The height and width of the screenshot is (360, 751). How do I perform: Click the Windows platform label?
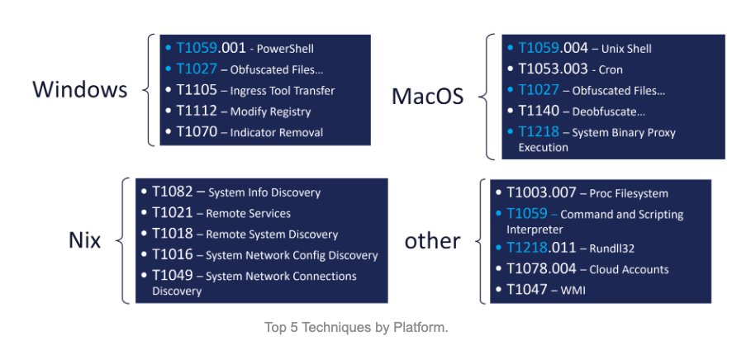tap(80, 89)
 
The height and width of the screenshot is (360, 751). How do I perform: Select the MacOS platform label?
tap(427, 97)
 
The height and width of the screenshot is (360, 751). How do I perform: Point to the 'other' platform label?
tap(432, 240)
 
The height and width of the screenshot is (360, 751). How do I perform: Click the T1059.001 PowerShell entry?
tap(240, 48)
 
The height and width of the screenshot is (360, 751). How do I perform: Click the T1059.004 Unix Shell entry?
tap(584, 49)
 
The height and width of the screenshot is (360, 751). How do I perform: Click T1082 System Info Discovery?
tap(235, 192)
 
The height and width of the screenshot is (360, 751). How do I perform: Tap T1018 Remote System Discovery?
tap(245, 234)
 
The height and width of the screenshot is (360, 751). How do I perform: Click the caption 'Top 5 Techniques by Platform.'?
tap(356, 328)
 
